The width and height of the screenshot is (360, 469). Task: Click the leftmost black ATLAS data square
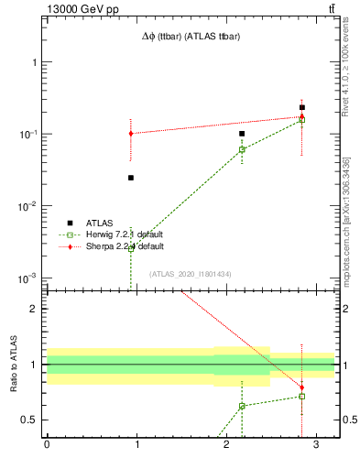point(131,178)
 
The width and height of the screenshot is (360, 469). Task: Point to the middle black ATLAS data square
point(242,134)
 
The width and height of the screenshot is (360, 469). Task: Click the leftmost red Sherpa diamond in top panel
point(131,134)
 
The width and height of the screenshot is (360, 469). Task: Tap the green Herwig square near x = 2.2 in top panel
point(242,149)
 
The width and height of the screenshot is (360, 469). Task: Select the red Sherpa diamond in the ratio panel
point(301,387)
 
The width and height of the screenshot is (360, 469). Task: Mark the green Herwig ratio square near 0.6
point(242,406)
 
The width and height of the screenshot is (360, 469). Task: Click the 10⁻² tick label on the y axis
point(27,206)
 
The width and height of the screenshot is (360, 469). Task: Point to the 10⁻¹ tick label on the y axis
point(27,135)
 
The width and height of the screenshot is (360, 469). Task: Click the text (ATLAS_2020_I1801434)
point(191,274)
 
